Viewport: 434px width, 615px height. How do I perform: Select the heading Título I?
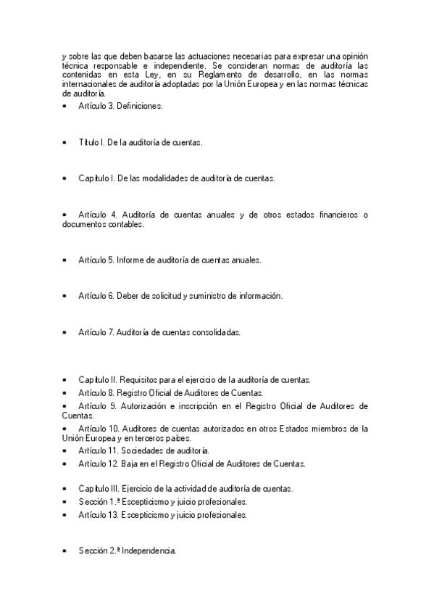(91, 142)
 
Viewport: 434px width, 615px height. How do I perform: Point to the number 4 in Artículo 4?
(114, 215)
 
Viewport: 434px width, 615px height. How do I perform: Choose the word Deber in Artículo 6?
(127, 296)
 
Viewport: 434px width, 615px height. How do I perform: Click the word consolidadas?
(215, 332)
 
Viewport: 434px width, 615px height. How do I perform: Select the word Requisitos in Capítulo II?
(138, 379)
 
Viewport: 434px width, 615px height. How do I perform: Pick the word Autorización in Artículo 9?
(143, 405)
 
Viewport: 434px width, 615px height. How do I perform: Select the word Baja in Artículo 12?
(125, 463)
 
